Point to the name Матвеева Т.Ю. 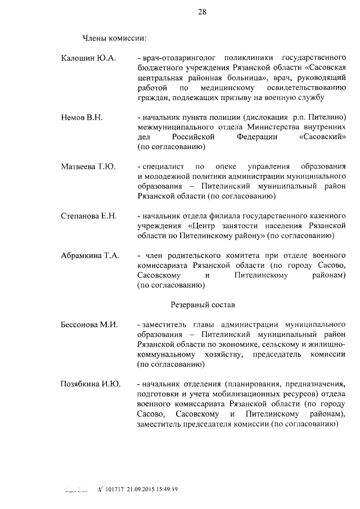(x=88, y=166)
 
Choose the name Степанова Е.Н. (x=89, y=216)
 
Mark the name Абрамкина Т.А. (x=90, y=255)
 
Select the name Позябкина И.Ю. (x=90, y=384)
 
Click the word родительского (x=193, y=255)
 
